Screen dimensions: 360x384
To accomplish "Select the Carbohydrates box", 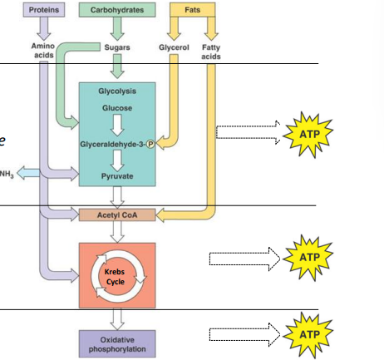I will click(x=116, y=10).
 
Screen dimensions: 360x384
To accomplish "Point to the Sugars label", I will click(x=116, y=47).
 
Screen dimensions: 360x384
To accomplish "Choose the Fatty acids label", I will click(x=211, y=52).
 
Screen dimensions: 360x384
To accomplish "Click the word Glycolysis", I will click(x=117, y=91).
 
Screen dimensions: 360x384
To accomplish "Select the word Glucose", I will click(x=117, y=108).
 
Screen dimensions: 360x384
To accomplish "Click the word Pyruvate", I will click(x=117, y=177).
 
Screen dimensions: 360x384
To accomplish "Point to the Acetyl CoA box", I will click(x=117, y=215).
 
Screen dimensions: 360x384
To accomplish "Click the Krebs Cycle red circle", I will click(x=117, y=275).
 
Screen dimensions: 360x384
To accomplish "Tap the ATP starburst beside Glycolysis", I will click(x=305, y=131).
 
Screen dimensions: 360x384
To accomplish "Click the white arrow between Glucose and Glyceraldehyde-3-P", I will click(x=117, y=126).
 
